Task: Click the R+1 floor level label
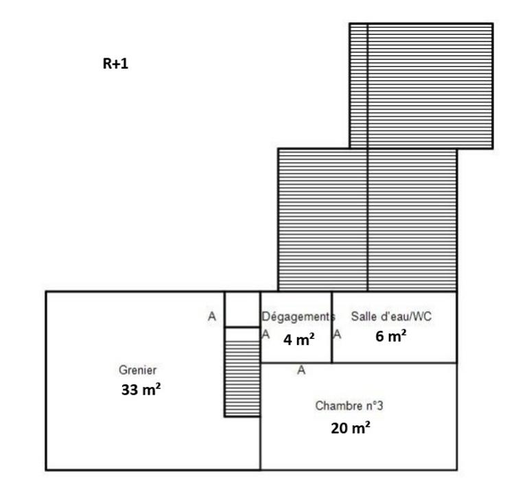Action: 115,64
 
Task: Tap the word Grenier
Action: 132,370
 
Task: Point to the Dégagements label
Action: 297,316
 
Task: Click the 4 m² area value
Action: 299,339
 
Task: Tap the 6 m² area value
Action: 392,336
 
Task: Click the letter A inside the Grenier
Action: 212,316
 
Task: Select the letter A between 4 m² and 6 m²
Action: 337,334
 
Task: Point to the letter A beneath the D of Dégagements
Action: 266,334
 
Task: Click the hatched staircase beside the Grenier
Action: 242,372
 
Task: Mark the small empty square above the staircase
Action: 242,309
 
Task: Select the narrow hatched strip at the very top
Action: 358,86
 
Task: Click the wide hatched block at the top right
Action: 430,86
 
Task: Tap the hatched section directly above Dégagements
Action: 323,220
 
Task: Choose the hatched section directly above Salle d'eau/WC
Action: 412,220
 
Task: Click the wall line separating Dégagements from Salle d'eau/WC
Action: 331,327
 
